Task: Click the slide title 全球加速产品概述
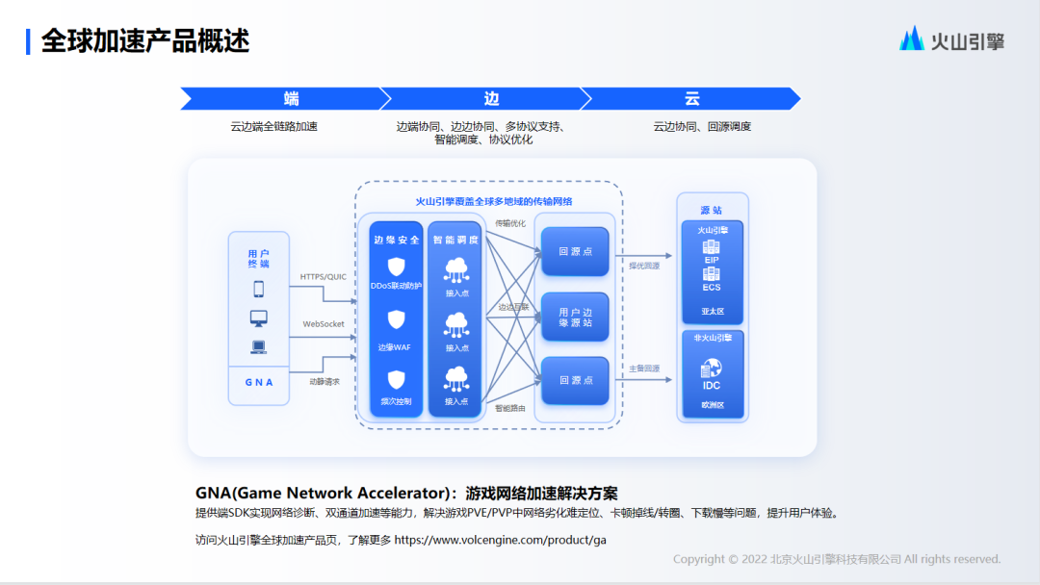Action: [145, 40]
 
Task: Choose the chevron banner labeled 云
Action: [691, 98]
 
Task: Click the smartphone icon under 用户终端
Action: [258, 289]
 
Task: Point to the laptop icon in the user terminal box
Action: [258, 347]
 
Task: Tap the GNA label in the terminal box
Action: [258, 382]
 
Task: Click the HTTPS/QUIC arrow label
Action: [323, 277]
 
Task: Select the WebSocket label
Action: [323, 324]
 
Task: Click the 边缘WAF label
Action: [395, 347]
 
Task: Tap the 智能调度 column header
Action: [455, 240]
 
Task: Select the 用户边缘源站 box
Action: [575, 318]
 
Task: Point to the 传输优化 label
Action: [510, 223]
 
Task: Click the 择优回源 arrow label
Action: [644, 266]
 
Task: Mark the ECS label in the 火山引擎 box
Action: [712, 288]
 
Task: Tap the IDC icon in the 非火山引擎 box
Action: [712, 368]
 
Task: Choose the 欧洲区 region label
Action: [712, 406]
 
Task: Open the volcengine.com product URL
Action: [500, 540]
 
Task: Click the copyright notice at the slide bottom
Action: [836, 559]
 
